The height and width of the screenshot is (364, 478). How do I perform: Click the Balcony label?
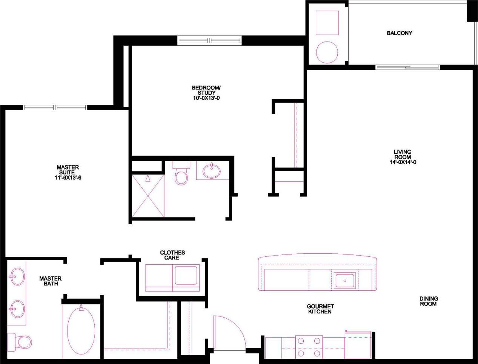(399, 33)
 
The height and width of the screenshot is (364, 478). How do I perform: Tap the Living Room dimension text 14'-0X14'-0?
(403, 163)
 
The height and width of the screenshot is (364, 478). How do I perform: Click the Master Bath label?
(50, 281)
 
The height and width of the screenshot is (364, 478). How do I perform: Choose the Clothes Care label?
(172, 255)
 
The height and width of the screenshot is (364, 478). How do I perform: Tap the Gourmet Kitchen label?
(320, 309)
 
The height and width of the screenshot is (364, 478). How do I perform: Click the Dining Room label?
(428, 301)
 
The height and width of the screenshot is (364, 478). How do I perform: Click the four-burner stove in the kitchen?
(309, 347)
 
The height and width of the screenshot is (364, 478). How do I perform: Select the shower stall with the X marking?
(148, 195)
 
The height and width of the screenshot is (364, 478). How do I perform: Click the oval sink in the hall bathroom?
(212, 171)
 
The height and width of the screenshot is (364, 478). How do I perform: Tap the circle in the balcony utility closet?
(327, 52)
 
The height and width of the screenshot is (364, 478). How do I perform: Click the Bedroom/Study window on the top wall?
(209, 40)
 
